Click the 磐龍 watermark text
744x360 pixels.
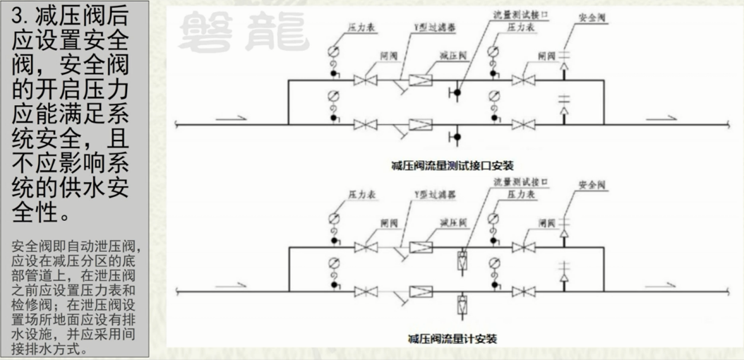244,32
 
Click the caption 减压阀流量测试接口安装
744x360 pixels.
452,165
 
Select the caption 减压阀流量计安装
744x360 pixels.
452,339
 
